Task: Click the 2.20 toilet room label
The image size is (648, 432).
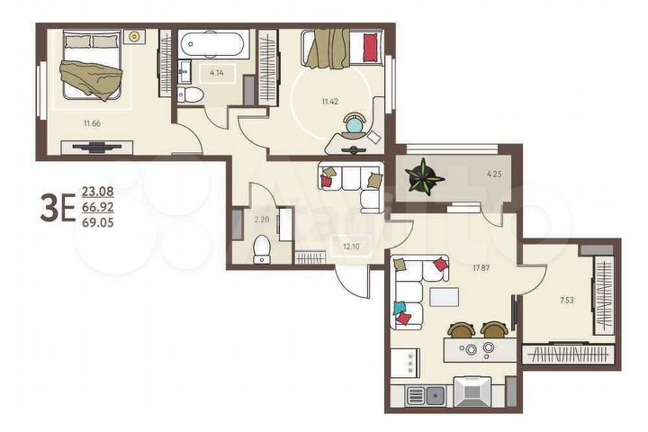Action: [x=261, y=219]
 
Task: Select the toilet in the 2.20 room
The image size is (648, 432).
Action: [x=263, y=247]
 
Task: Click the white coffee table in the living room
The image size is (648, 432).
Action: [x=442, y=297]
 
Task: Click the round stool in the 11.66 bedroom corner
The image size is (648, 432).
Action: [x=136, y=37]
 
